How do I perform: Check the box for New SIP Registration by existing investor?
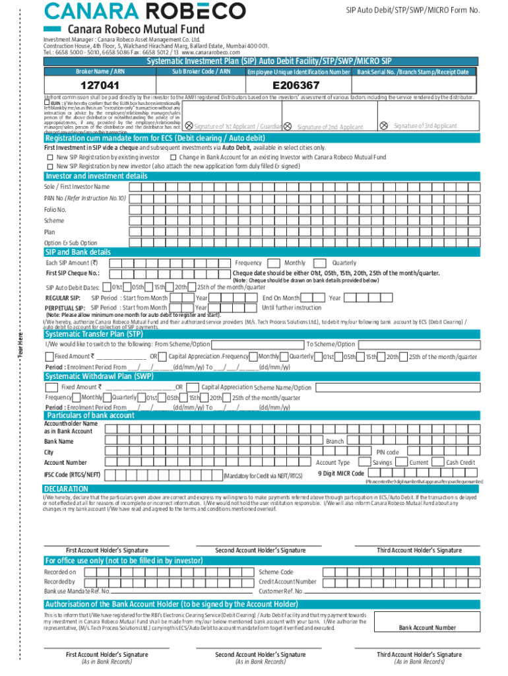49,158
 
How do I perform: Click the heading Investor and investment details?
96,176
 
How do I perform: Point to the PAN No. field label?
84,198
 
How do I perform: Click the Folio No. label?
55,209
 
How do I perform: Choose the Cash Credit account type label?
460,463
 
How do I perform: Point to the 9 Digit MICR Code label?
340,473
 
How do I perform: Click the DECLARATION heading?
66,489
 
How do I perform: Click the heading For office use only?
123,560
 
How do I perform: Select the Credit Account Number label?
288,582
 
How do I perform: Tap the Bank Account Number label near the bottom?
427,627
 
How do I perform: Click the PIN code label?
388,452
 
